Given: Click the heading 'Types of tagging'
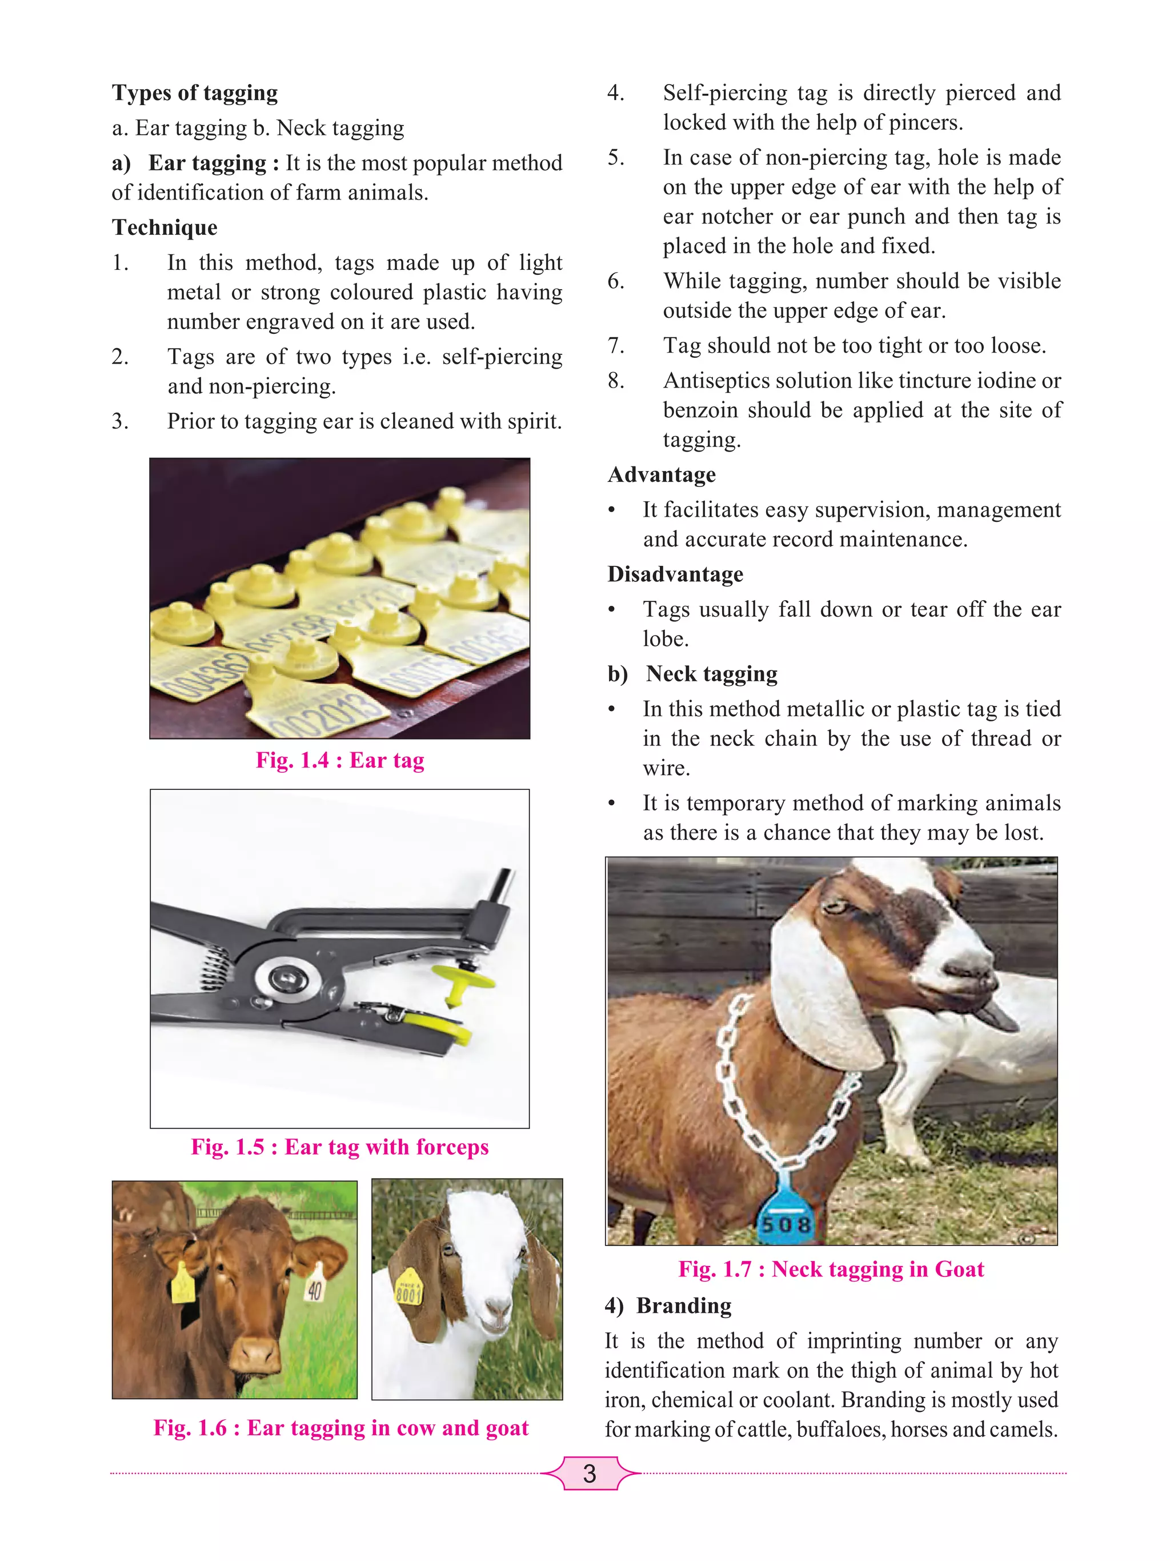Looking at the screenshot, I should click(195, 93).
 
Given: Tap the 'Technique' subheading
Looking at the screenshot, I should click(165, 227).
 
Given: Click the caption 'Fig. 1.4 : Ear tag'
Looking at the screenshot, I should click(340, 760).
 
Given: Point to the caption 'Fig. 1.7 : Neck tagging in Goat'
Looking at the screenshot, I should click(831, 1269).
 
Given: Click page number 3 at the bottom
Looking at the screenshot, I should click(590, 1474).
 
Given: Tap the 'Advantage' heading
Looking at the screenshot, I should click(662, 475).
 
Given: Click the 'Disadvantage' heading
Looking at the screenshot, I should click(675, 574).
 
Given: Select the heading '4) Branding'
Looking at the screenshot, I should click(668, 1306).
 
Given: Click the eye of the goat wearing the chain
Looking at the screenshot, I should click(836, 905).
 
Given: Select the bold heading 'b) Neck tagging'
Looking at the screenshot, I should click(692, 674).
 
